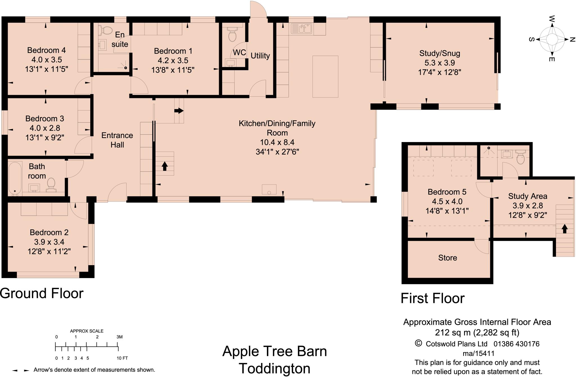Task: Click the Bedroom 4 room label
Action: click(46, 50)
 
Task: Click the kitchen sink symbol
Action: click(301, 29)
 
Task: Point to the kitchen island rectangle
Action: click(325, 76)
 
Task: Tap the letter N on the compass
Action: click(572, 40)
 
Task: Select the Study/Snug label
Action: click(440, 53)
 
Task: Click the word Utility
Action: click(260, 56)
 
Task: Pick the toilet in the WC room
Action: click(232, 34)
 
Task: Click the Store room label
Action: click(447, 258)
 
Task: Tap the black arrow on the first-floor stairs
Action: click(564, 229)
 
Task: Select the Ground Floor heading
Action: click(42, 293)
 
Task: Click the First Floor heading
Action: click(433, 298)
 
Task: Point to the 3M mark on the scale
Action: click(119, 337)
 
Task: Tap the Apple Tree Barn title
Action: click(274, 351)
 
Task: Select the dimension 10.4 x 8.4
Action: click(277, 142)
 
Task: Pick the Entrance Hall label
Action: click(117, 140)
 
